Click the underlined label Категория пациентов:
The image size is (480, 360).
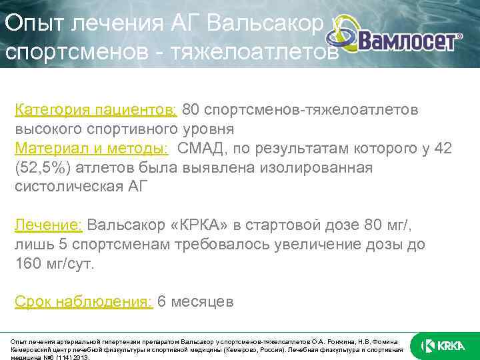pos(96,109)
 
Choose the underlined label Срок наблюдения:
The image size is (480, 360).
pos(84,302)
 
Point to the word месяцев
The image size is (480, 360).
pos(203,302)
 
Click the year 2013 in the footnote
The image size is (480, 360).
pos(79,357)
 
